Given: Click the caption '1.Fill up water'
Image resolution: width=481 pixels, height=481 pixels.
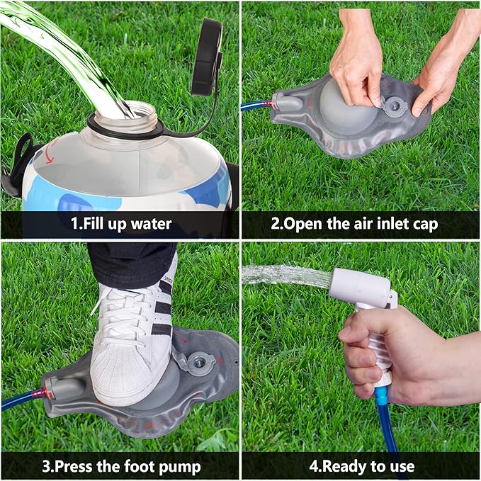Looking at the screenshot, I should [x=121, y=225].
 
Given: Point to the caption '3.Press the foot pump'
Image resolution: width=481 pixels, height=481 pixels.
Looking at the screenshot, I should [x=121, y=467].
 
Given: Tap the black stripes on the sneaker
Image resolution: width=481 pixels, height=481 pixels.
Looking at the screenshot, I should [x=162, y=312].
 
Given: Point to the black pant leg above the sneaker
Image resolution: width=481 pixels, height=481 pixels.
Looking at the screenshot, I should [x=131, y=262].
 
